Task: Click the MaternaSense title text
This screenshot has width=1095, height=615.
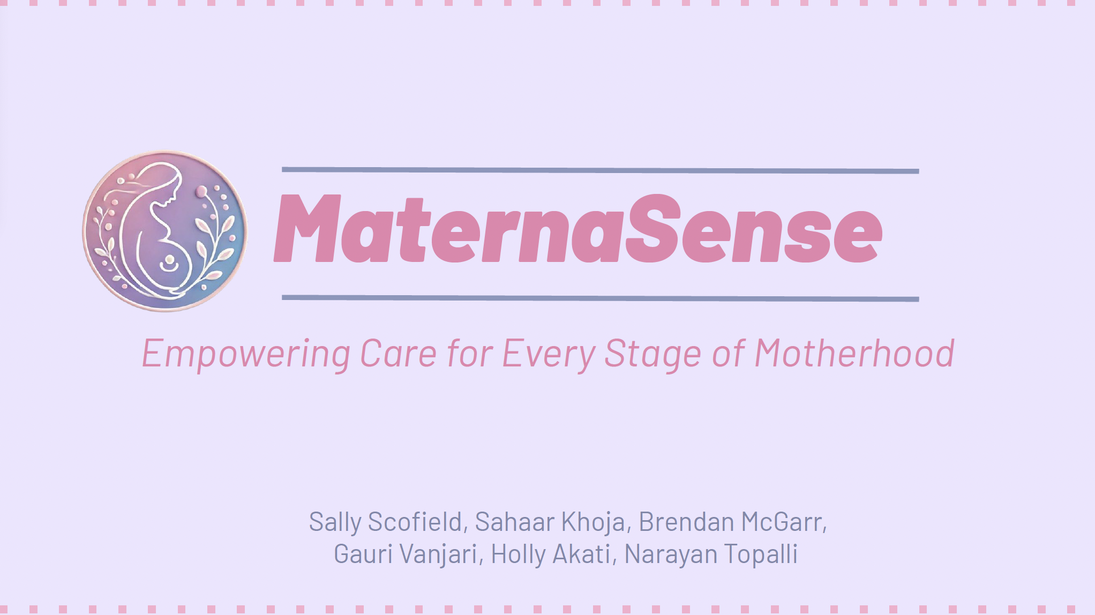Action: pyautogui.click(x=578, y=229)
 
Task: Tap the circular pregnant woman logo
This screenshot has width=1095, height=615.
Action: pyautogui.click(x=165, y=231)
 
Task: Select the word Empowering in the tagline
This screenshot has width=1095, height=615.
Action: pyautogui.click(x=246, y=354)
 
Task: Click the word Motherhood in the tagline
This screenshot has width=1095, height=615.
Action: pyautogui.click(x=854, y=353)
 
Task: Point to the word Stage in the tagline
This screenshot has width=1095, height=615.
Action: pyautogui.click(x=652, y=354)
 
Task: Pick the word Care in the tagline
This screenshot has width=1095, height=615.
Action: pyautogui.click(x=398, y=353)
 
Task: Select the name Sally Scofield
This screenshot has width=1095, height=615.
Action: pyautogui.click(x=386, y=522)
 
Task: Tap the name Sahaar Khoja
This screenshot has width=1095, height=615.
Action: pyautogui.click(x=550, y=522)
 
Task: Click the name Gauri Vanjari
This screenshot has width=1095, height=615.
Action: pyautogui.click(x=406, y=554)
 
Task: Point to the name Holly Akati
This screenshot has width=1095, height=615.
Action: pyautogui.click(x=551, y=554)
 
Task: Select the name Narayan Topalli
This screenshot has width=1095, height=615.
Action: pyautogui.click(x=711, y=554)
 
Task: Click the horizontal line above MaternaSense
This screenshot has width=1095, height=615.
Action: pyautogui.click(x=601, y=170)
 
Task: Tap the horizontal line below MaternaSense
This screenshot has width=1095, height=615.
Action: pyautogui.click(x=601, y=298)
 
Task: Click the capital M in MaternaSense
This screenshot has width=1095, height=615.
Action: pyautogui.click(x=307, y=229)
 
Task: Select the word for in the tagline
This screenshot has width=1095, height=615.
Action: pyautogui.click(x=470, y=353)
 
